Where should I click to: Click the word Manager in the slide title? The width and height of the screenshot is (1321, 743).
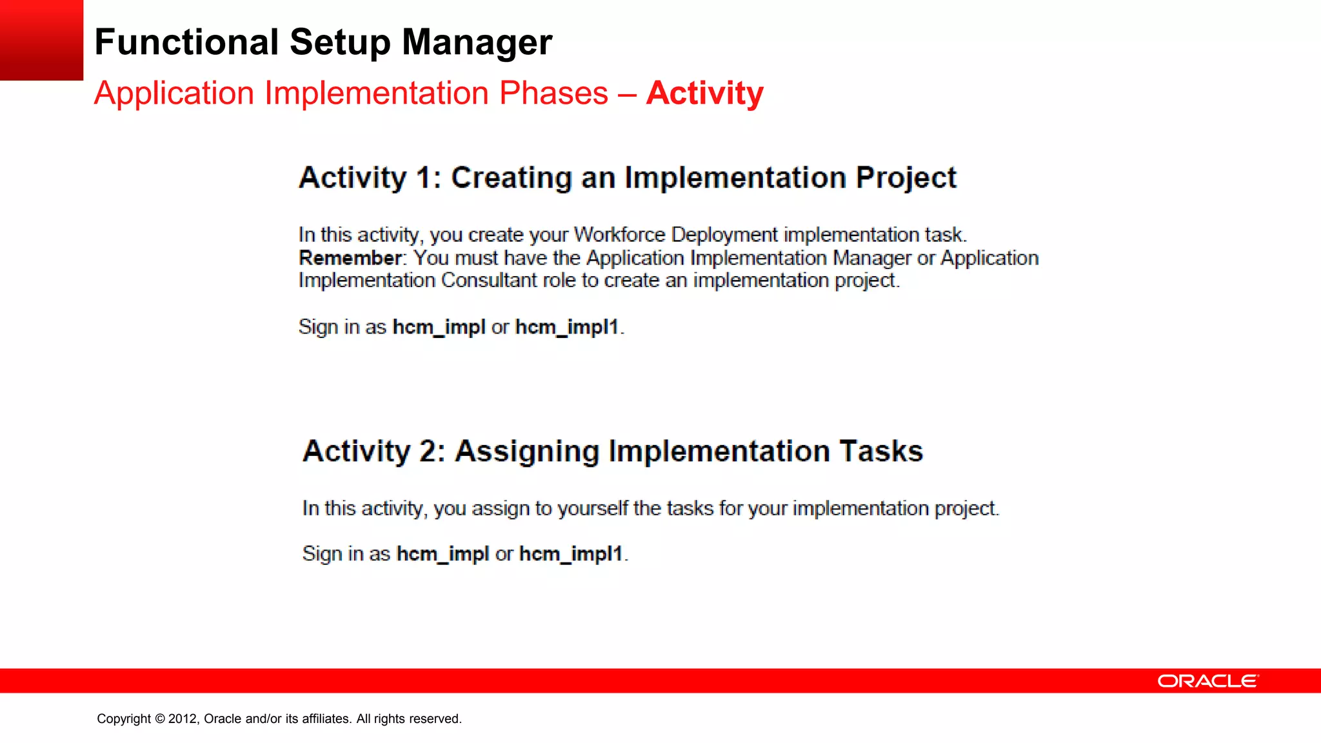pos(477,43)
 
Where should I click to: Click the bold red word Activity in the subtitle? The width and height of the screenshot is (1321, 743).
pos(704,93)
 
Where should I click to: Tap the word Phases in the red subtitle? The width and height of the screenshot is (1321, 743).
pos(553,93)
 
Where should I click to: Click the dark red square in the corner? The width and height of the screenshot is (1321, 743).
pos(41,39)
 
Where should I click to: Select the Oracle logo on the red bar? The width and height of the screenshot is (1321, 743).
pos(1207,681)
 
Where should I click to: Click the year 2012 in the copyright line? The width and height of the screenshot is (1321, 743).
pos(183,718)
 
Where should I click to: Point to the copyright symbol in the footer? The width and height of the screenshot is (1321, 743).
pos(160,718)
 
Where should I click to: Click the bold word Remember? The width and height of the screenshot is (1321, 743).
pos(350,258)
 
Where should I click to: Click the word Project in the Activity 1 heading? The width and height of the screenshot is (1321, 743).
pos(906,178)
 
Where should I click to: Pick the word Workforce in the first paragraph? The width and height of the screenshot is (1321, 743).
pos(619,234)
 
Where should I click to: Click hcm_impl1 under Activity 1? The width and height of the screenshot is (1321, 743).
pos(567,327)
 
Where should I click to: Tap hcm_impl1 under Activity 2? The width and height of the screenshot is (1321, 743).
pos(571,553)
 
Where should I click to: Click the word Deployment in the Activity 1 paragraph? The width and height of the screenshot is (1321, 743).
pos(724,234)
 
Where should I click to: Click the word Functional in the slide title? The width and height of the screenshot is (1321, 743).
pos(186,43)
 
